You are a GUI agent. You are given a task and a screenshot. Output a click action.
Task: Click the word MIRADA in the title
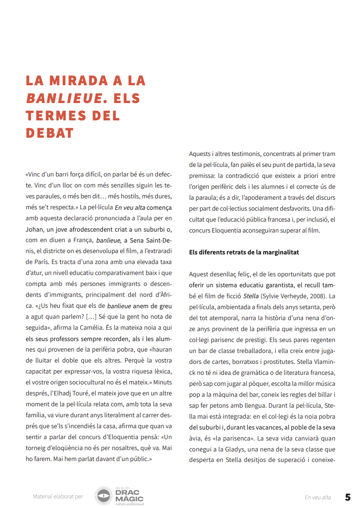tap(87, 81)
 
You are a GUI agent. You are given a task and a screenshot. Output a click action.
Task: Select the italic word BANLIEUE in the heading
tap(64, 98)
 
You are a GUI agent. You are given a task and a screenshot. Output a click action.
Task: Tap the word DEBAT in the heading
tap(50, 133)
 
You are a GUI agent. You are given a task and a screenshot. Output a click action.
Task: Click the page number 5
tap(347, 497)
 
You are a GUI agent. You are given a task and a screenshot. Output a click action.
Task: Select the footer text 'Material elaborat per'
tap(58, 497)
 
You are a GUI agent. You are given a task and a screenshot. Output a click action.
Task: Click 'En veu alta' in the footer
tap(318, 497)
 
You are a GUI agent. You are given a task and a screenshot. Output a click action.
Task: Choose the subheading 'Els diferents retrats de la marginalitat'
tap(244, 252)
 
